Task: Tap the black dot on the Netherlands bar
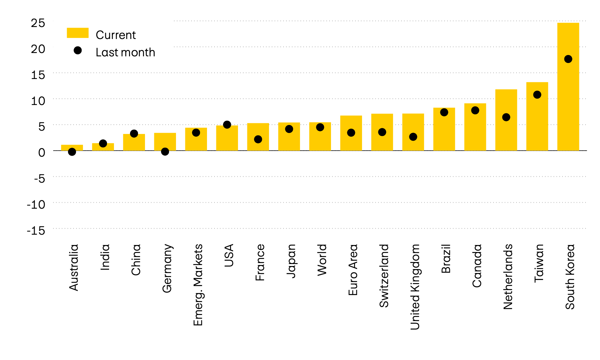tap(506, 117)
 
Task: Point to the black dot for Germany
tap(165, 152)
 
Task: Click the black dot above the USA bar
tap(227, 125)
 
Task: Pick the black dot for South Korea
tap(568, 59)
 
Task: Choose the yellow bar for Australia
tap(72, 147)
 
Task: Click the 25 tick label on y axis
tap(38, 23)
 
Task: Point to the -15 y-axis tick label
tap(36, 230)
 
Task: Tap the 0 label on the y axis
tap(42, 153)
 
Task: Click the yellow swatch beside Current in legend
tap(78, 33)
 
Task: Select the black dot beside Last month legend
tap(78, 50)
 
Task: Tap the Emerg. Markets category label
tap(198, 285)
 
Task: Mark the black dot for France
tap(258, 139)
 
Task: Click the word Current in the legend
tap(116, 35)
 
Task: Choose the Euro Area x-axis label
tap(353, 270)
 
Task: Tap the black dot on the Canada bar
tap(475, 110)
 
